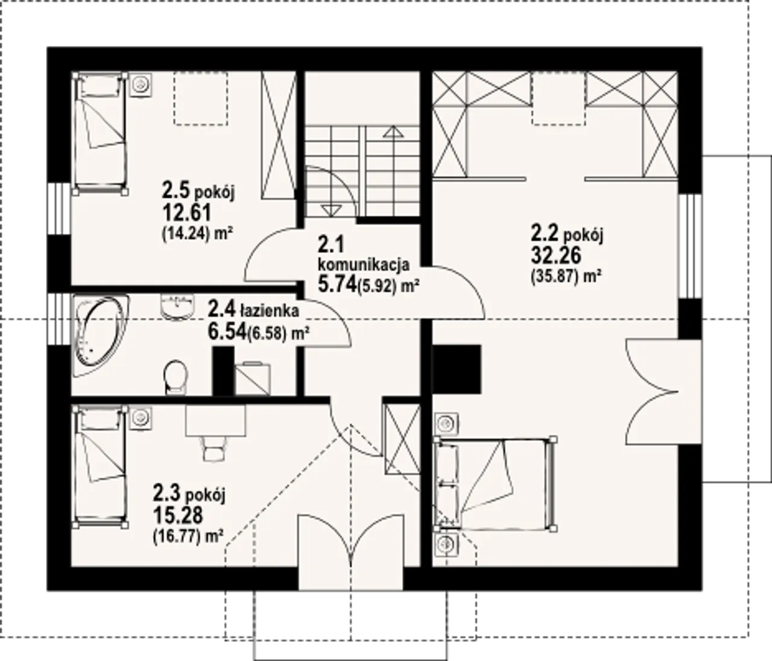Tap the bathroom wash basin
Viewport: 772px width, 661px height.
click(178, 307)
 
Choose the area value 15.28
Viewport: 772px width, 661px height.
click(178, 515)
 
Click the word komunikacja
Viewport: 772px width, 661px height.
click(364, 265)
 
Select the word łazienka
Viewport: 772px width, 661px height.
click(270, 310)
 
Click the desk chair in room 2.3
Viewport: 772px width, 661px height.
click(214, 448)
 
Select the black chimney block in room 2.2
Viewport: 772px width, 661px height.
click(456, 369)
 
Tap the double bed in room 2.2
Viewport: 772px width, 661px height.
click(495, 484)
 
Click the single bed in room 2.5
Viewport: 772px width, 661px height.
click(100, 134)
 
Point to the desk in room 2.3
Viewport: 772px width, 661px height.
click(215, 420)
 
